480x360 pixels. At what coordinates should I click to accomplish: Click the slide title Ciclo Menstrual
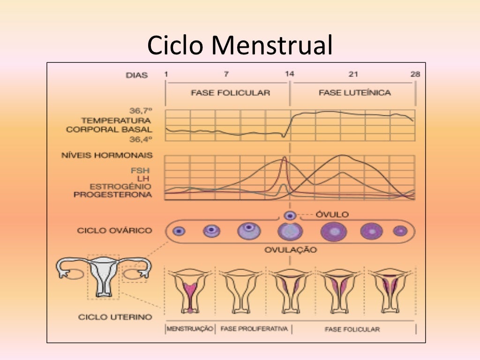click(240, 45)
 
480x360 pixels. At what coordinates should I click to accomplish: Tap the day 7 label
click(226, 74)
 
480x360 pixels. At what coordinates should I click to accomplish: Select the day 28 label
click(415, 74)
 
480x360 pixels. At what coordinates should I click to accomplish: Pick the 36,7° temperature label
click(141, 111)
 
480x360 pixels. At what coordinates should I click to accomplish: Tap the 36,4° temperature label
click(141, 139)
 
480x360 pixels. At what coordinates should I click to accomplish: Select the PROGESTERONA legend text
click(112, 194)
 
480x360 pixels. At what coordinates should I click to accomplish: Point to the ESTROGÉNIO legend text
click(120, 186)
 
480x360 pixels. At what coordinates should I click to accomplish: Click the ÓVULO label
click(332, 215)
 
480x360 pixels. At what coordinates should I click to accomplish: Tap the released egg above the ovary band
click(290, 216)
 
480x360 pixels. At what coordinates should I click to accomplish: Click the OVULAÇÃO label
click(290, 249)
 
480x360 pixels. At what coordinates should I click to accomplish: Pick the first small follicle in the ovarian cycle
click(179, 231)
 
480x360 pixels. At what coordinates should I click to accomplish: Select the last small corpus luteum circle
click(400, 231)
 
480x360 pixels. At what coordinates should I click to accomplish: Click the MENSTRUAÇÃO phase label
click(190, 329)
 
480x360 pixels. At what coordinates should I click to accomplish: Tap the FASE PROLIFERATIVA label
click(254, 329)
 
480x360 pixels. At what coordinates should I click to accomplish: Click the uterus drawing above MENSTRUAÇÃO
click(190, 291)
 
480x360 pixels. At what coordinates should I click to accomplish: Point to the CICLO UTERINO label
click(115, 317)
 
